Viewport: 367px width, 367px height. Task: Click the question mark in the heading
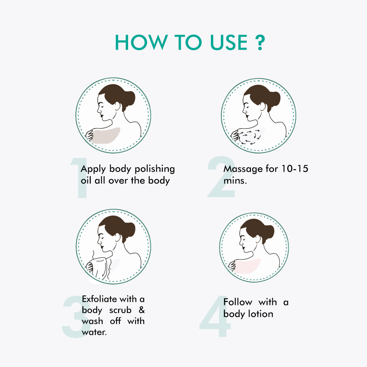(x=260, y=43)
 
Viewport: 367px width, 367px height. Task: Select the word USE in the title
(x=229, y=42)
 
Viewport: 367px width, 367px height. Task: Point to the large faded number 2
(x=221, y=177)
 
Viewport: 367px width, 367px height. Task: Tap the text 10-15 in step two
(x=295, y=168)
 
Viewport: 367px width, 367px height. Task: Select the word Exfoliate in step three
(x=99, y=299)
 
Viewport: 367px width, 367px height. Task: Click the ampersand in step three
(x=141, y=310)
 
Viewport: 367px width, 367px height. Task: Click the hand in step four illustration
(x=233, y=266)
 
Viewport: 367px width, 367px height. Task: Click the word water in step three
(x=94, y=332)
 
